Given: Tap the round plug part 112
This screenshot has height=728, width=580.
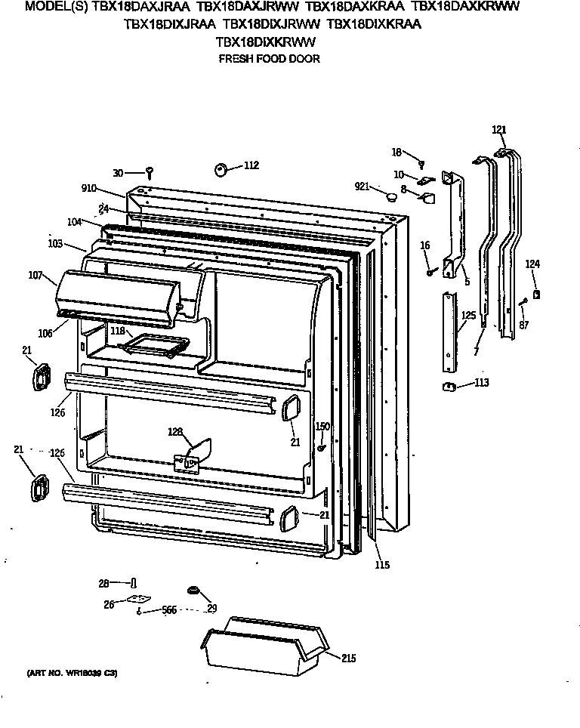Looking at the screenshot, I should coord(223,169).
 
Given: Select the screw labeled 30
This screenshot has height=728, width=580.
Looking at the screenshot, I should coord(150,173).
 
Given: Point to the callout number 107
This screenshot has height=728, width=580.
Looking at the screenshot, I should coord(36,276).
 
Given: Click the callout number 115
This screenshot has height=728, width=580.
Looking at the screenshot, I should coord(384,564).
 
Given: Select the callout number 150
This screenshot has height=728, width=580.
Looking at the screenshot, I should coord(322,427).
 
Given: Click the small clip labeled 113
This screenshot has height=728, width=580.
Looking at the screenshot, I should coord(448,387).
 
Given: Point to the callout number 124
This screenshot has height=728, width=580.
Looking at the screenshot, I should coord(533,264).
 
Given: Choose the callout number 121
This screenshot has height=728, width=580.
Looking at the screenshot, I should coord(499,129).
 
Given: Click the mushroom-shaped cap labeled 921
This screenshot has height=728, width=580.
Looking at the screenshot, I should coord(390,197).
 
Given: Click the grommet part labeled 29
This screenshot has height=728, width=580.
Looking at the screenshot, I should coord(193,590).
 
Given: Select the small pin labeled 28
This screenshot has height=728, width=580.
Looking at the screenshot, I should coord(134,583).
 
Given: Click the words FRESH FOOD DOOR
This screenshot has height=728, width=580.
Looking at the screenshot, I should coord(269,59).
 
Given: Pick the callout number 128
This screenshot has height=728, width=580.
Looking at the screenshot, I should coord(175,432).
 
